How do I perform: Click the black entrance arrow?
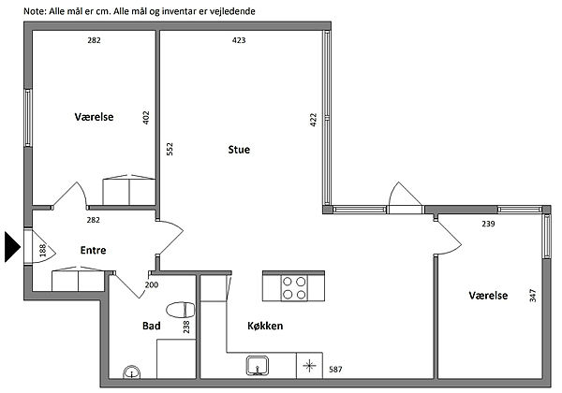12,247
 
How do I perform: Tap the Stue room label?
239,150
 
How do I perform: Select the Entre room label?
93,250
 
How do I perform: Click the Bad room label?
151,326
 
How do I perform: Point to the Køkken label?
265,326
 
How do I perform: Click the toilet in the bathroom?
180,310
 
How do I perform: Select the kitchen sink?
258,366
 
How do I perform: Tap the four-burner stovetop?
294,288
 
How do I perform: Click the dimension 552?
170,149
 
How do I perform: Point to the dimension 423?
239,40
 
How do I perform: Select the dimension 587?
335,370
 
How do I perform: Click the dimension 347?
533,296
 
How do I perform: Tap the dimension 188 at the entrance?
43,250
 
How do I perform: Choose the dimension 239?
488,224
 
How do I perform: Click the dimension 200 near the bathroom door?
152,284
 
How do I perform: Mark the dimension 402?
146,118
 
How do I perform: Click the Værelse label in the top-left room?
94,117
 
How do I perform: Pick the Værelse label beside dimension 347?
488,296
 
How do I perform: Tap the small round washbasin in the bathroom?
132,371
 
